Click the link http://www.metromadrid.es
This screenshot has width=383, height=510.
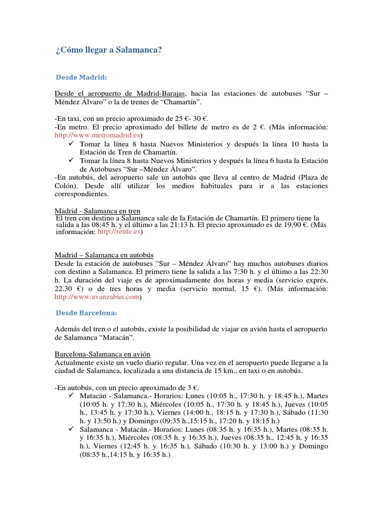(x=98, y=135)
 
